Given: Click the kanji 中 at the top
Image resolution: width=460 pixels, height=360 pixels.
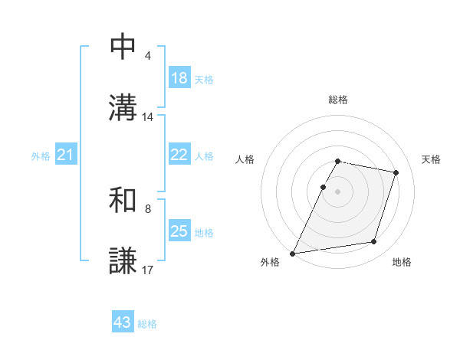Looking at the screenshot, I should [123, 47].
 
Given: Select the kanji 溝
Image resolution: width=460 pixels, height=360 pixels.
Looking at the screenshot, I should [123, 106].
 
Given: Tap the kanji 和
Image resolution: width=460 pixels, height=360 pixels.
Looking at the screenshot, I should [123, 201].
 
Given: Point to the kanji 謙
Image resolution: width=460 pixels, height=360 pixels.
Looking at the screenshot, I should [123, 260].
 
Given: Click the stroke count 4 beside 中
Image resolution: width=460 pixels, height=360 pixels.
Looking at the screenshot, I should [148, 57].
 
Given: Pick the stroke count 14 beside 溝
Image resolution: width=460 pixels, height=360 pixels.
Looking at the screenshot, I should [148, 117].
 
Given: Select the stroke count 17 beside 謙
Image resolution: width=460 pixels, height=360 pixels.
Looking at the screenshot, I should [148, 270].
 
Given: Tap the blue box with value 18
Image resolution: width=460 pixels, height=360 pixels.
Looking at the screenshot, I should [179, 78].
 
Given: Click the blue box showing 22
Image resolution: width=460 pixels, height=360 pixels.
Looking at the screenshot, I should [179, 155].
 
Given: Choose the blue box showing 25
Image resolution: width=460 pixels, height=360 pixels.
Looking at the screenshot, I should [179, 231].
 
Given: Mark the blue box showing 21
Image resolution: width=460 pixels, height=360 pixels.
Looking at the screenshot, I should [66, 155].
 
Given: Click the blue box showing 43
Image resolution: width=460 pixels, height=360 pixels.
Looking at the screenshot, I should [123, 322].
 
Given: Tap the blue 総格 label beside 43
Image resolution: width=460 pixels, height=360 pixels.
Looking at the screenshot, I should [147, 324].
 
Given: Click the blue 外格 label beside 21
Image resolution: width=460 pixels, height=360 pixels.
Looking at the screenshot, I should [41, 156].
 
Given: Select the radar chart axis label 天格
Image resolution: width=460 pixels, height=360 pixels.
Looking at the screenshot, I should [432, 159].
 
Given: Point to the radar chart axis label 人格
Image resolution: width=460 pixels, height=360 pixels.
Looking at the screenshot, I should [245, 159].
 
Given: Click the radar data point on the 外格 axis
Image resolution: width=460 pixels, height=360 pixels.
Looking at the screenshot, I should [293, 254].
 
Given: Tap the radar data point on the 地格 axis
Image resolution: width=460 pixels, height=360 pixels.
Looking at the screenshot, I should [374, 242].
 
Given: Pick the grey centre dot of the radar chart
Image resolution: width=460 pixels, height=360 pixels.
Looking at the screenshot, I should [338, 191].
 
